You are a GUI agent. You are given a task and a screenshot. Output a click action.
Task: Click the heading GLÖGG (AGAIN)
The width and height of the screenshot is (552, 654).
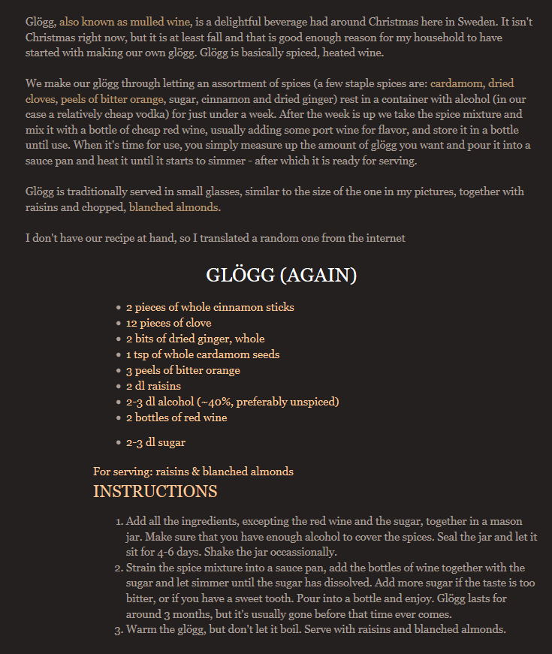[281, 276]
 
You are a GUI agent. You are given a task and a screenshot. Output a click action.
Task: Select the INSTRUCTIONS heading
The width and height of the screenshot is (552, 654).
[155, 492]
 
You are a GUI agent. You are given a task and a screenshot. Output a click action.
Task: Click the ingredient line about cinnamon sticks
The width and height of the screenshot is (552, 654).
[210, 307]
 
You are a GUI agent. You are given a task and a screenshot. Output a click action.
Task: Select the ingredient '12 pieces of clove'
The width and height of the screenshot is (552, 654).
[168, 323]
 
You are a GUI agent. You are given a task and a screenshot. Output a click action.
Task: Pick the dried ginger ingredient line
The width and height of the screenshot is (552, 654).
[195, 339]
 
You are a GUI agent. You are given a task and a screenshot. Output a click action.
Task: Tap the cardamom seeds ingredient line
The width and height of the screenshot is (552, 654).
[203, 354]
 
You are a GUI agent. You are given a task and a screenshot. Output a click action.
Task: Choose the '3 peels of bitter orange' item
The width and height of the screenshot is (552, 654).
[182, 370]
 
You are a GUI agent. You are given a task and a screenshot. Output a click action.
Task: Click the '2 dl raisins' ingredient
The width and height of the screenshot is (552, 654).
[153, 386]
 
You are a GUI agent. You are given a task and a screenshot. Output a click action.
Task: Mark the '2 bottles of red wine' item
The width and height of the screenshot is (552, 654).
[176, 417]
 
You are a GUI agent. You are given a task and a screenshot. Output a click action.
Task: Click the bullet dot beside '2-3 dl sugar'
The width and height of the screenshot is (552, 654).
[119, 443]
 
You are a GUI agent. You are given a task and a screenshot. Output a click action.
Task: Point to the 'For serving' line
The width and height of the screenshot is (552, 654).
[193, 472]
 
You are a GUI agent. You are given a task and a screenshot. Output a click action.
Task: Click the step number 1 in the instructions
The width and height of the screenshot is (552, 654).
[119, 521]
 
